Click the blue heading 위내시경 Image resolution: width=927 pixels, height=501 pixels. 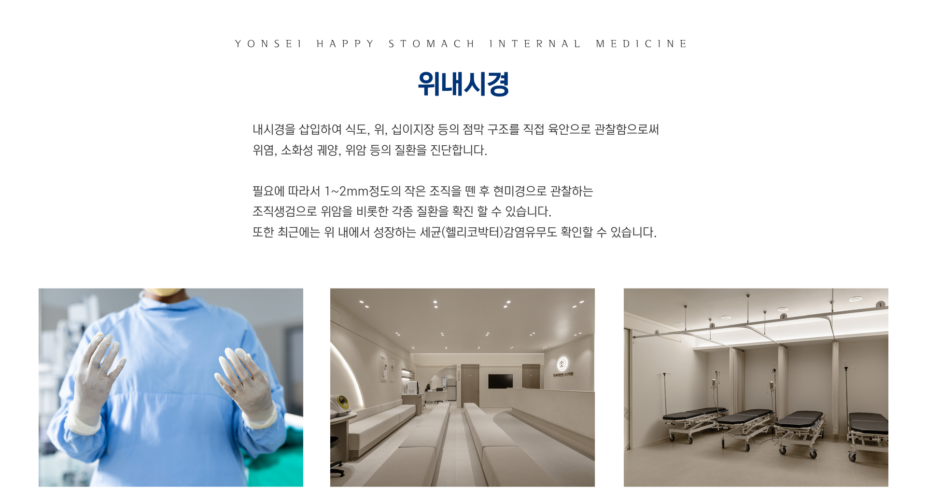point(463,84)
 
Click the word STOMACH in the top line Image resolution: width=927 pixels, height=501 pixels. point(431,44)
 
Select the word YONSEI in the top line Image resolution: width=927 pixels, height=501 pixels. point(268,44)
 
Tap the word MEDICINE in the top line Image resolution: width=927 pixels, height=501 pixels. point(641,44)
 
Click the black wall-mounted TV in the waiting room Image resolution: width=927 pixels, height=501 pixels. point(500,381)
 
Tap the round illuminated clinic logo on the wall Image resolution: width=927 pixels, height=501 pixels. point(562,363)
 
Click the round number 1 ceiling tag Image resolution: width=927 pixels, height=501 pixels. point(880,305)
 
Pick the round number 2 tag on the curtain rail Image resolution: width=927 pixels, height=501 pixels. point(783,317)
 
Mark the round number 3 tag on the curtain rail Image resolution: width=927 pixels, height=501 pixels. point(712,326)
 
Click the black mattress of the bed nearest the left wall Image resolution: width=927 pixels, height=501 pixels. point(694,413)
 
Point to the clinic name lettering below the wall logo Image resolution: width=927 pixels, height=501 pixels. point(563,375)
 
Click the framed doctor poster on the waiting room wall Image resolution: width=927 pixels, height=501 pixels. point(384,369)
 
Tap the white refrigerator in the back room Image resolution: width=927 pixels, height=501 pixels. point(451,389)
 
